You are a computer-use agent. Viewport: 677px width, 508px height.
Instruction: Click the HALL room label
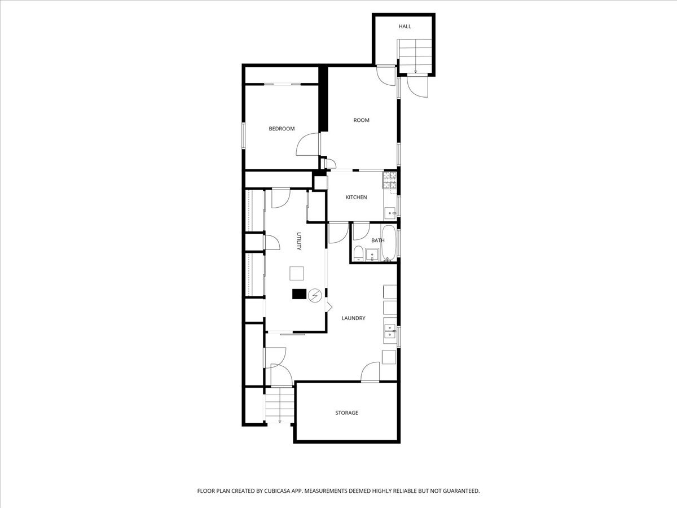click(405, 27)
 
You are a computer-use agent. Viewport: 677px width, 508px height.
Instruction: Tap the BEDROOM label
click(282, 129)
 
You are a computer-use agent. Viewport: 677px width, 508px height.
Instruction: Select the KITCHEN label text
click(356, 197)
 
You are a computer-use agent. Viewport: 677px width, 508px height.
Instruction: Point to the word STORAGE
click(346, 413)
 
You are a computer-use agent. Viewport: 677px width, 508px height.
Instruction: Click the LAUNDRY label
click(354, 318)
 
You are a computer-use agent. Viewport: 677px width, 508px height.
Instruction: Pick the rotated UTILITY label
click(298, 241)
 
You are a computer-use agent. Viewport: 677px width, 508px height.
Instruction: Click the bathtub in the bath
click(388, 243)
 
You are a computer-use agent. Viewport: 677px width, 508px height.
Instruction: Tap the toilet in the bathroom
click(358, 253)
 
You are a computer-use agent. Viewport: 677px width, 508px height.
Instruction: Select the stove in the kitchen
click(389, 181)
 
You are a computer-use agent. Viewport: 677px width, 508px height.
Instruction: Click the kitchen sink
click(390, 213)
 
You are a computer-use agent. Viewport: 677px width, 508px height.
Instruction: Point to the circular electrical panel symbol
click(315, 295)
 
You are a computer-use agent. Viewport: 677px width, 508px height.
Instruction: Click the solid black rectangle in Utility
click(299, 294)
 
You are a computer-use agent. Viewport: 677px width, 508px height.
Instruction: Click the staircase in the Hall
click(415, 56)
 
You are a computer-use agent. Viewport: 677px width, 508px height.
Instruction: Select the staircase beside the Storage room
click(279, 405)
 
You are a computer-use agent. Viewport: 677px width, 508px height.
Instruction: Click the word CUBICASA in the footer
click(277, 491)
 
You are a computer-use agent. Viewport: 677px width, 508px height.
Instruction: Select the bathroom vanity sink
click(372, 255)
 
